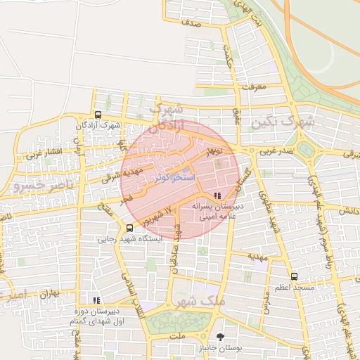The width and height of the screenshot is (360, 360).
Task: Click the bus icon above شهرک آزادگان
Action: pyautogui.click(x=98, y=115)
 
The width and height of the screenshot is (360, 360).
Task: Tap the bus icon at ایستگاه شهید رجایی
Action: pyautogui.click(x=129, y=228)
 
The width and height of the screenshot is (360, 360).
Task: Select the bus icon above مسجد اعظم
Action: pyautogui.click(x=294, y=277)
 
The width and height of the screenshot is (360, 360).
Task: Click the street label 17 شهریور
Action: pyautogui.click(x=159, y=215)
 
